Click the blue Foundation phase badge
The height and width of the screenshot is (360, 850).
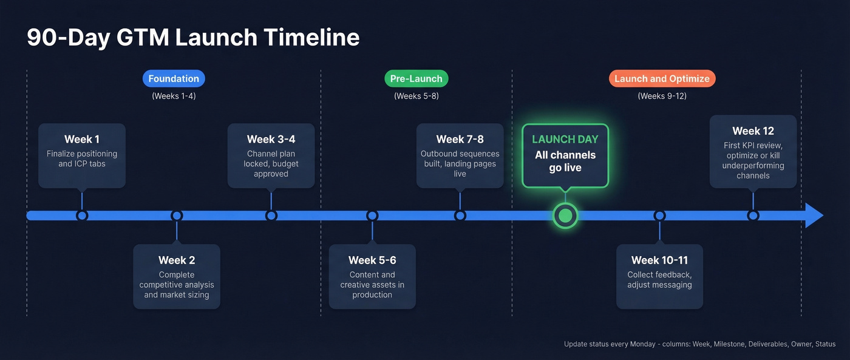(x=174, y=78)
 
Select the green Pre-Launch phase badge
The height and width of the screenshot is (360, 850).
(x=416, y=78)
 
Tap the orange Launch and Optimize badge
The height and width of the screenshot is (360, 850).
(x=662, y=78)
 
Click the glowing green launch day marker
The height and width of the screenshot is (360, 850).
(x=565, y=216)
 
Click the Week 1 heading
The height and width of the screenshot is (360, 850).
(x=82, y=139)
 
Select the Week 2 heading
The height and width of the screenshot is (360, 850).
(x=177, y=260)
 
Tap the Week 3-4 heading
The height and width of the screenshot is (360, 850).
(x=271, y=139)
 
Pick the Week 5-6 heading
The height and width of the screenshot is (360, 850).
(x=372, y=260)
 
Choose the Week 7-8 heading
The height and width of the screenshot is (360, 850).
(x=460, y=139)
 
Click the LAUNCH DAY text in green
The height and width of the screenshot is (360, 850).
(x=565, y=139)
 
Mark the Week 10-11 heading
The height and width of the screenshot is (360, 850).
(x=659, y=260)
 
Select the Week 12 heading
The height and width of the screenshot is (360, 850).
(x=753, y=131)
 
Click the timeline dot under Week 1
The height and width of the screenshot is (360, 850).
(x=82, y=216)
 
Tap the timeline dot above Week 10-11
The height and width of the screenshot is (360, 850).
(x=659, y=216)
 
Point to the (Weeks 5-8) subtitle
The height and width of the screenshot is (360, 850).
(x=416, y=96)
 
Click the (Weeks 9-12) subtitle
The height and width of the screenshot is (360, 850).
(x=662, y=96)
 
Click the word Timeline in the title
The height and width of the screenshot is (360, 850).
(x=311, y=38)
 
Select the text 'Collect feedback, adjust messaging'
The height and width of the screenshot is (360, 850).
(x=659, y=280)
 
